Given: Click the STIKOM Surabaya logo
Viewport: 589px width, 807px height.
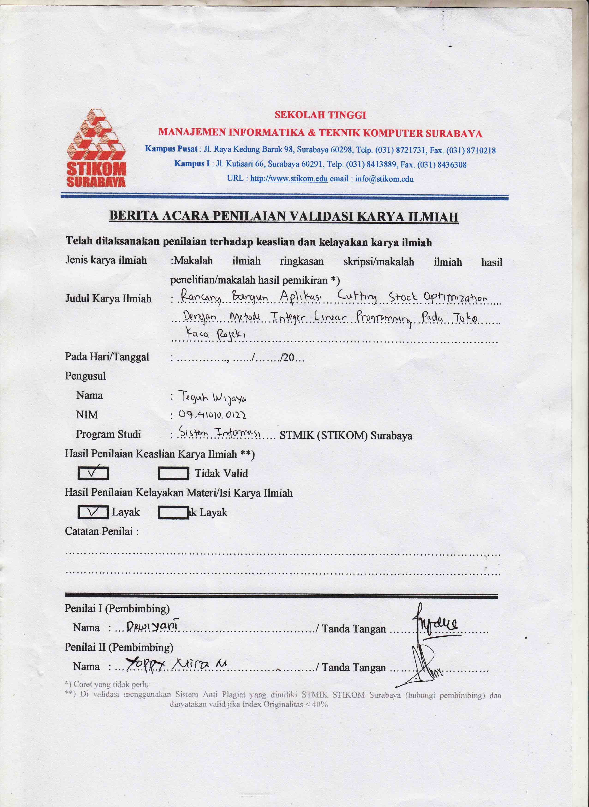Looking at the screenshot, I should tap(96, 148).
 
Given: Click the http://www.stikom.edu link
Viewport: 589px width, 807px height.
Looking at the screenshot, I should tap(288, 179).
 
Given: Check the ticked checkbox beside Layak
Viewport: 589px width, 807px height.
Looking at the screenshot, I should tap(93, 512).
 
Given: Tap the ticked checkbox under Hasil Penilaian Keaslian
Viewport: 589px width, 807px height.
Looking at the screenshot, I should tap(93, 473).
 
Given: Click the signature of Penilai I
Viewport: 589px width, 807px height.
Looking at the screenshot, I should tap(435, 620).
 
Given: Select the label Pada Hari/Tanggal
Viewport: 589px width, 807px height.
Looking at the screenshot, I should tap(107, 357).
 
